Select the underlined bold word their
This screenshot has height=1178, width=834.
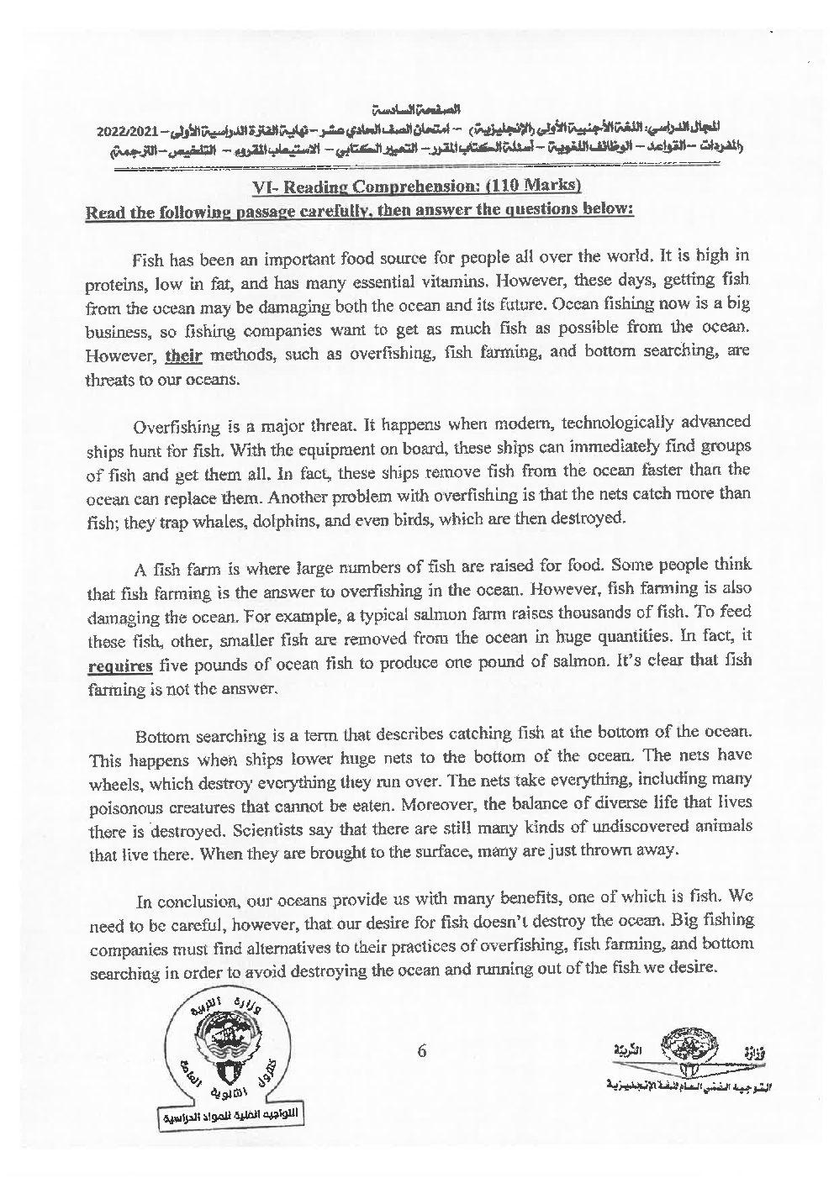[184, 356]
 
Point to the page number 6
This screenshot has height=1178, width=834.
[422, 1050]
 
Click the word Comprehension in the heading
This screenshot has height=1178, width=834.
[395, 186]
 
